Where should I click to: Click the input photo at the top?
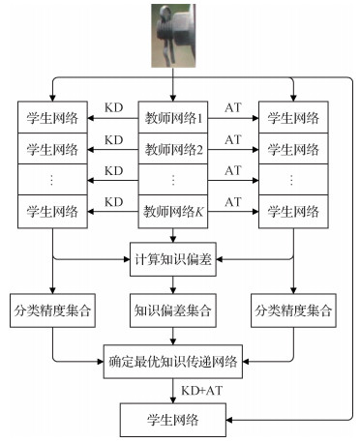pos(173,36)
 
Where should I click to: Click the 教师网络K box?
pos(173,210)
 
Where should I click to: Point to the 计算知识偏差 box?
pos(173,260)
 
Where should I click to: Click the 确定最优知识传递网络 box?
pos(173,367)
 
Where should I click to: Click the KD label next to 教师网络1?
pos(114,108)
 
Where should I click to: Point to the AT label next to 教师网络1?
pos(233,108)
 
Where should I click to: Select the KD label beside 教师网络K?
pos(114,201)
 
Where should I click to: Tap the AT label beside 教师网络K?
pos(233,201)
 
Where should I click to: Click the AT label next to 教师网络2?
pos(233,139)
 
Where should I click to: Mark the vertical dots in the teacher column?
pos(173,179)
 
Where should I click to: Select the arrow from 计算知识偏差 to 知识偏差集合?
pos(173,284)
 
